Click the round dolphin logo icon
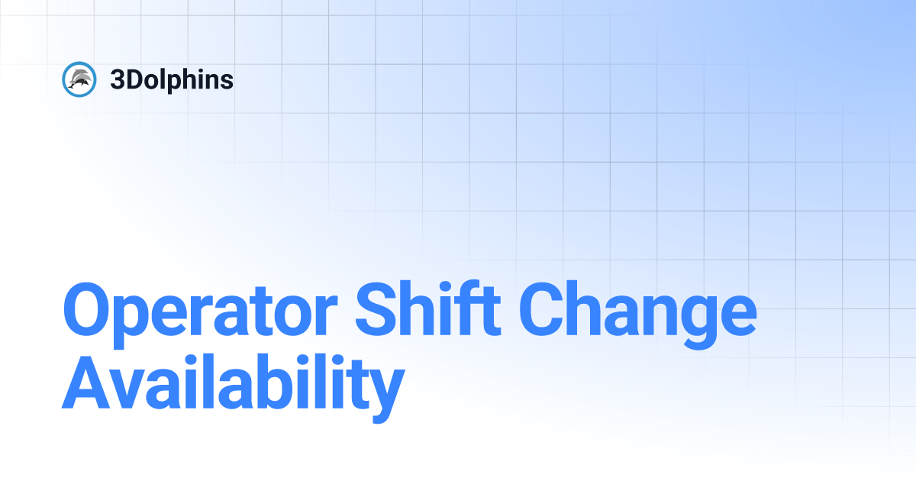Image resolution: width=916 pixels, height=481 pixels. [78, 79]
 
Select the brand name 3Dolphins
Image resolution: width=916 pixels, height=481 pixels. [172, 79]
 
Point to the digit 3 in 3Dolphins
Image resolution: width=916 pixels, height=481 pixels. [117, 79]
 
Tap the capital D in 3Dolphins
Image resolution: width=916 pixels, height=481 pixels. [132, 79]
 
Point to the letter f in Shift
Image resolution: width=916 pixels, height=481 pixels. [473, 309]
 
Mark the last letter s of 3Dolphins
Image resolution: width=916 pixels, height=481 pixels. [227, 81]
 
